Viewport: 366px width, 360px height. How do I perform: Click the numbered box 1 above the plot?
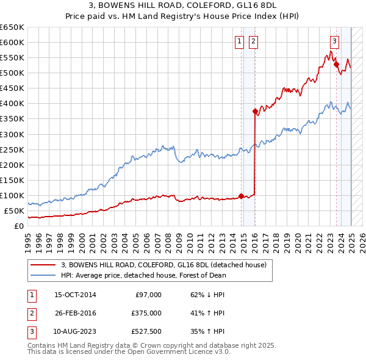239,41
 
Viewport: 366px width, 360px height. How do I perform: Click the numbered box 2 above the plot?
253,41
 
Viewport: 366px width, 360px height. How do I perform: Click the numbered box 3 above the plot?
335,41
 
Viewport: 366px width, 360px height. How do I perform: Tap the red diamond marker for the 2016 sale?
255,111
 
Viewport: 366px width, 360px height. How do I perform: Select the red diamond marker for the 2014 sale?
241,196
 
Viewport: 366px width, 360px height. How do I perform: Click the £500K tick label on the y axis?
12,73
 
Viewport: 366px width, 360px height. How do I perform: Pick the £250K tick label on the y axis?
12,149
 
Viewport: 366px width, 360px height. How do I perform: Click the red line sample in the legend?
43,265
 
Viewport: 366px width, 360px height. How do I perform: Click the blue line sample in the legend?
43,275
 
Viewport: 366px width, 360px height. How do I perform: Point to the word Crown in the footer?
156,345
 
